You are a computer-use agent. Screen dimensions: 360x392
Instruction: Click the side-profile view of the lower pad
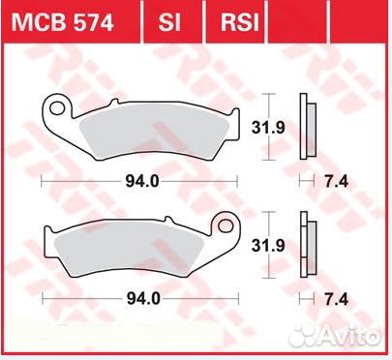(x=307, y=249)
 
